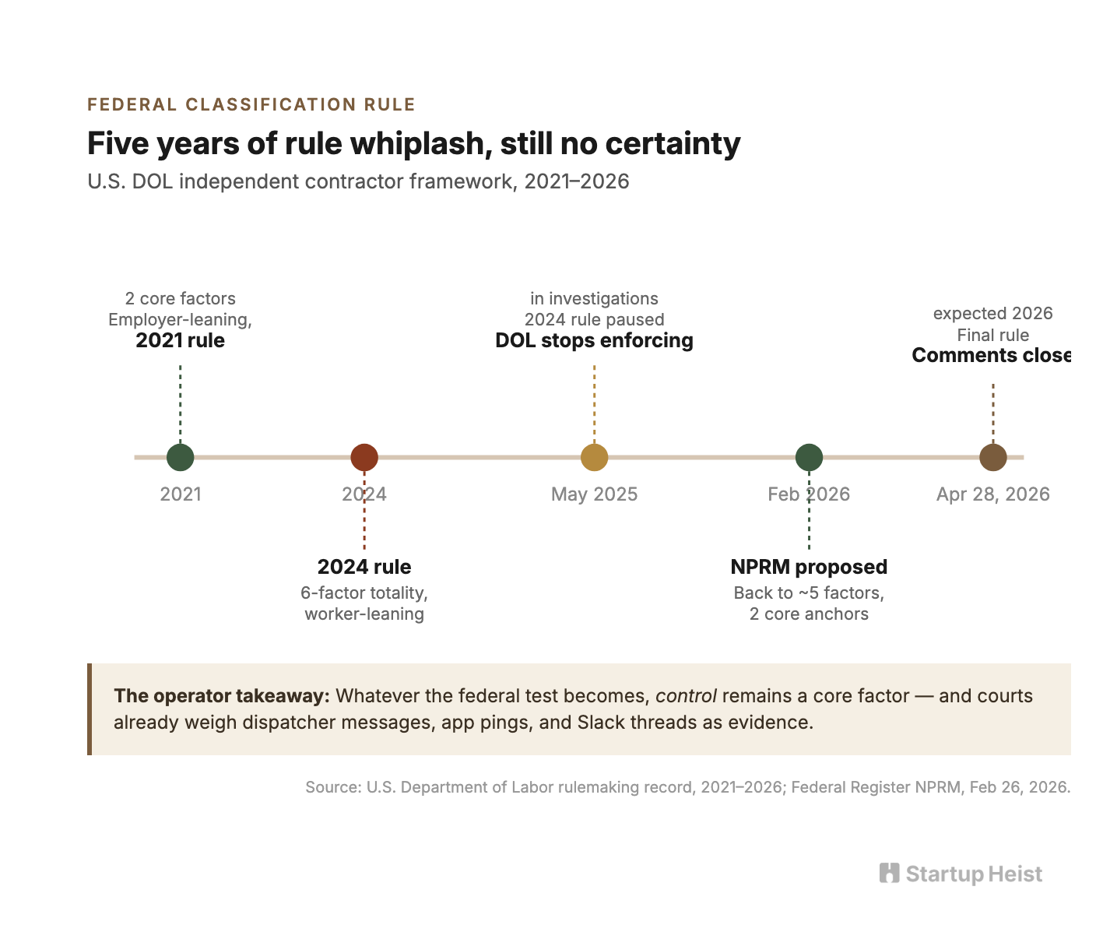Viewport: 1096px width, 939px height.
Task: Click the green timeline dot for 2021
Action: [180, 457]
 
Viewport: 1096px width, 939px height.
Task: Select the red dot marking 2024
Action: [364, 457]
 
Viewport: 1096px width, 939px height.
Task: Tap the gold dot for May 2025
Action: [594, 457]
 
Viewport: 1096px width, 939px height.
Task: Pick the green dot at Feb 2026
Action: [809, 457]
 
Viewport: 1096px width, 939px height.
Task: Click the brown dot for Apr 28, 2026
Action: [992, 457]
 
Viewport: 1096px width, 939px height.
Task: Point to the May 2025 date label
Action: [594, 494]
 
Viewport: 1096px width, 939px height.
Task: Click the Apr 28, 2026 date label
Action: [992, 494]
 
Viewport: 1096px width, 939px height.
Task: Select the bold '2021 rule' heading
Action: [180, 340]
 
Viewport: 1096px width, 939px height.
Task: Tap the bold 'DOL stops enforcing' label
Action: [594, 340]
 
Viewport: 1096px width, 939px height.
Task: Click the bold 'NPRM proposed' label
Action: [809, 567]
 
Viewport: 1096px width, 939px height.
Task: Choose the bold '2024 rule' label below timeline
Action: [364, 567]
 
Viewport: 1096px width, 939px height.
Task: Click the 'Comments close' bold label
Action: [991, 355]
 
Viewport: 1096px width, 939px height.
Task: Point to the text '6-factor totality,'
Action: [364, 593]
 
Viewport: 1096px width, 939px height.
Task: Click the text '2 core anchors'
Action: [809, 614]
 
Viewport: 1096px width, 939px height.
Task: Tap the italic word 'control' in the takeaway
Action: [686, 695]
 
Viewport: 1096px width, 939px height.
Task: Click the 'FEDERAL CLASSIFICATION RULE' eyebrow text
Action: [251, 104]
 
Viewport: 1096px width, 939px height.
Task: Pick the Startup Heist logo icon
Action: [889, 873]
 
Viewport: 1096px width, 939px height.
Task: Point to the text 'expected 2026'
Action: [992, 314]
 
